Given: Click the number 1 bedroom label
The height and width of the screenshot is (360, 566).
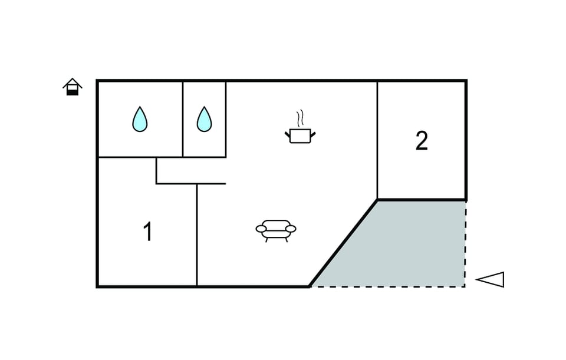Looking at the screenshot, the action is tap(147, 231).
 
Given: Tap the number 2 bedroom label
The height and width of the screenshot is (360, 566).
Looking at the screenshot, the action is tap(422, 141).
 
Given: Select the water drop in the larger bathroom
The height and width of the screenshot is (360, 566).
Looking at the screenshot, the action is tap(140, 119).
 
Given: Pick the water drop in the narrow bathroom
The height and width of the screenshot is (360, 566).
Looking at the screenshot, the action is tap(205, 119).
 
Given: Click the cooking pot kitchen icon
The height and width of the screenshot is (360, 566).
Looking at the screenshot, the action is tap(300, 136).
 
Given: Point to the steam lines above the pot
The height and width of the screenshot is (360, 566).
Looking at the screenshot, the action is tap(300, 118).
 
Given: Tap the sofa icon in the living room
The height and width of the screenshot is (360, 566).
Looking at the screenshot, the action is tap(276, 231).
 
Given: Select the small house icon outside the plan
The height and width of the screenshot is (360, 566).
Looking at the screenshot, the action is tap(72, 87).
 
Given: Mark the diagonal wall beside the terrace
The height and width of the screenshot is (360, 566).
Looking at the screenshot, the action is tap(343, 243).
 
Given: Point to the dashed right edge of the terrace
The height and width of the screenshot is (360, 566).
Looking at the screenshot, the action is tap(465, 244).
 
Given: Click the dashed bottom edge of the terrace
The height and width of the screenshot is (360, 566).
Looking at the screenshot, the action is tap(388, 287).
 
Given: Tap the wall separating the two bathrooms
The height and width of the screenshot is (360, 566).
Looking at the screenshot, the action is tap(183, 119).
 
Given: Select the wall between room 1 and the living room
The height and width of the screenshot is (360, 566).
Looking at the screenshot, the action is tap(197, 235).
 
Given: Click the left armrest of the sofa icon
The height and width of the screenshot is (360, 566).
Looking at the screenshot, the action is tap(261, 229).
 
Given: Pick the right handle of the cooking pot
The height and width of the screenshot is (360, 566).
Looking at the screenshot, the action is tap(313, 135).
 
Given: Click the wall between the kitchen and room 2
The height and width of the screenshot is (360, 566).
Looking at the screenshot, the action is tap(377, 140).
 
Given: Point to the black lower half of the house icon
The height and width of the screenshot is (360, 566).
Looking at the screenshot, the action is tap(73, 93).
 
